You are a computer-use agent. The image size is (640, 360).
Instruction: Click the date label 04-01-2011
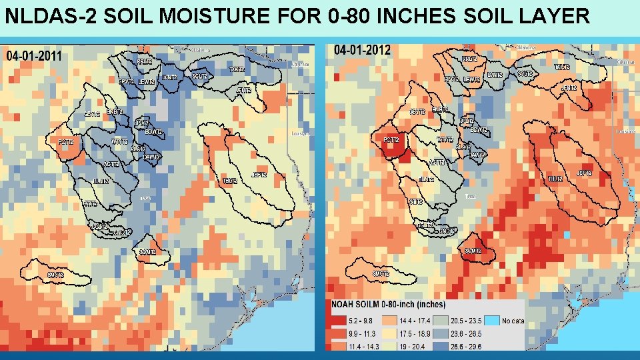point(33,56)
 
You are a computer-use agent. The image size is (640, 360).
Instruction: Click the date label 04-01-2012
point(363,50)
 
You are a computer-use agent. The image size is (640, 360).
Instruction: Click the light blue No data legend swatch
point(492,321)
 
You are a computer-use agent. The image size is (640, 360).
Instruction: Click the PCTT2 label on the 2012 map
point(391,140)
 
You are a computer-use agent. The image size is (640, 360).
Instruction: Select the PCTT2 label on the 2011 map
point(65,142)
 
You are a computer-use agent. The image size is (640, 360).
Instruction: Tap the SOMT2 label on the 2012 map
point(473,251)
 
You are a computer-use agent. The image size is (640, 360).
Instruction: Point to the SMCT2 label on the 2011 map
point(55,275)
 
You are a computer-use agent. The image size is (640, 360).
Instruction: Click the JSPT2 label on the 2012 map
point(584,173)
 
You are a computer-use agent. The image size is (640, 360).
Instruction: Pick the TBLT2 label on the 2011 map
point(230,181)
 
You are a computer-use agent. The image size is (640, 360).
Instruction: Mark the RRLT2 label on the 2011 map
point(145,61)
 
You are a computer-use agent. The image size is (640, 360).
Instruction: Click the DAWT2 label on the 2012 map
point(476,155)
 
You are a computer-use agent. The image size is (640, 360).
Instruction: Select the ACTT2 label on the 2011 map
point(111,164)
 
